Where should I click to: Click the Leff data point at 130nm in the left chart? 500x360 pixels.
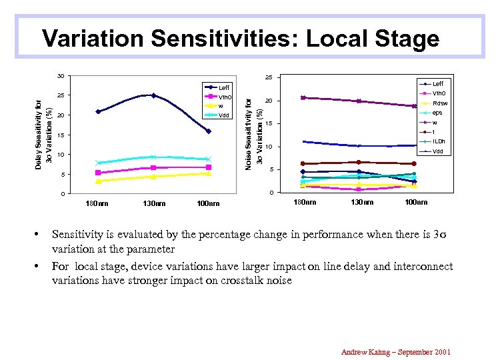tap(153, 95)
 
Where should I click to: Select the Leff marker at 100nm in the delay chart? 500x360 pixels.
tap(209, 131)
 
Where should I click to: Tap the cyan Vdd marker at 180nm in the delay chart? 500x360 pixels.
tap(98, 163)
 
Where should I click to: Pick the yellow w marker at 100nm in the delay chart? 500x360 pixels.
tap(209, 173)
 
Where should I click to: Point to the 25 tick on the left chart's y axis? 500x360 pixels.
tap(60, 95)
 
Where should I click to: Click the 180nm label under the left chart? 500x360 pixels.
tap(98, 203)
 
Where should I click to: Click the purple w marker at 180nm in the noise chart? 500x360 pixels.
tap(303, 97)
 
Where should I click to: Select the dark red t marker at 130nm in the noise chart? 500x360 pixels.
tap(359, 162)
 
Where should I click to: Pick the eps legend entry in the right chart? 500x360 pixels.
tap(437, 113)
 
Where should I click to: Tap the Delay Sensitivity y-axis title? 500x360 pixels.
tap(43, 133)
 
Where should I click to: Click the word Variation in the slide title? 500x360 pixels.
tap(93, 39)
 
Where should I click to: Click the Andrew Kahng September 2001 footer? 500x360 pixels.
tap(396, 351)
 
